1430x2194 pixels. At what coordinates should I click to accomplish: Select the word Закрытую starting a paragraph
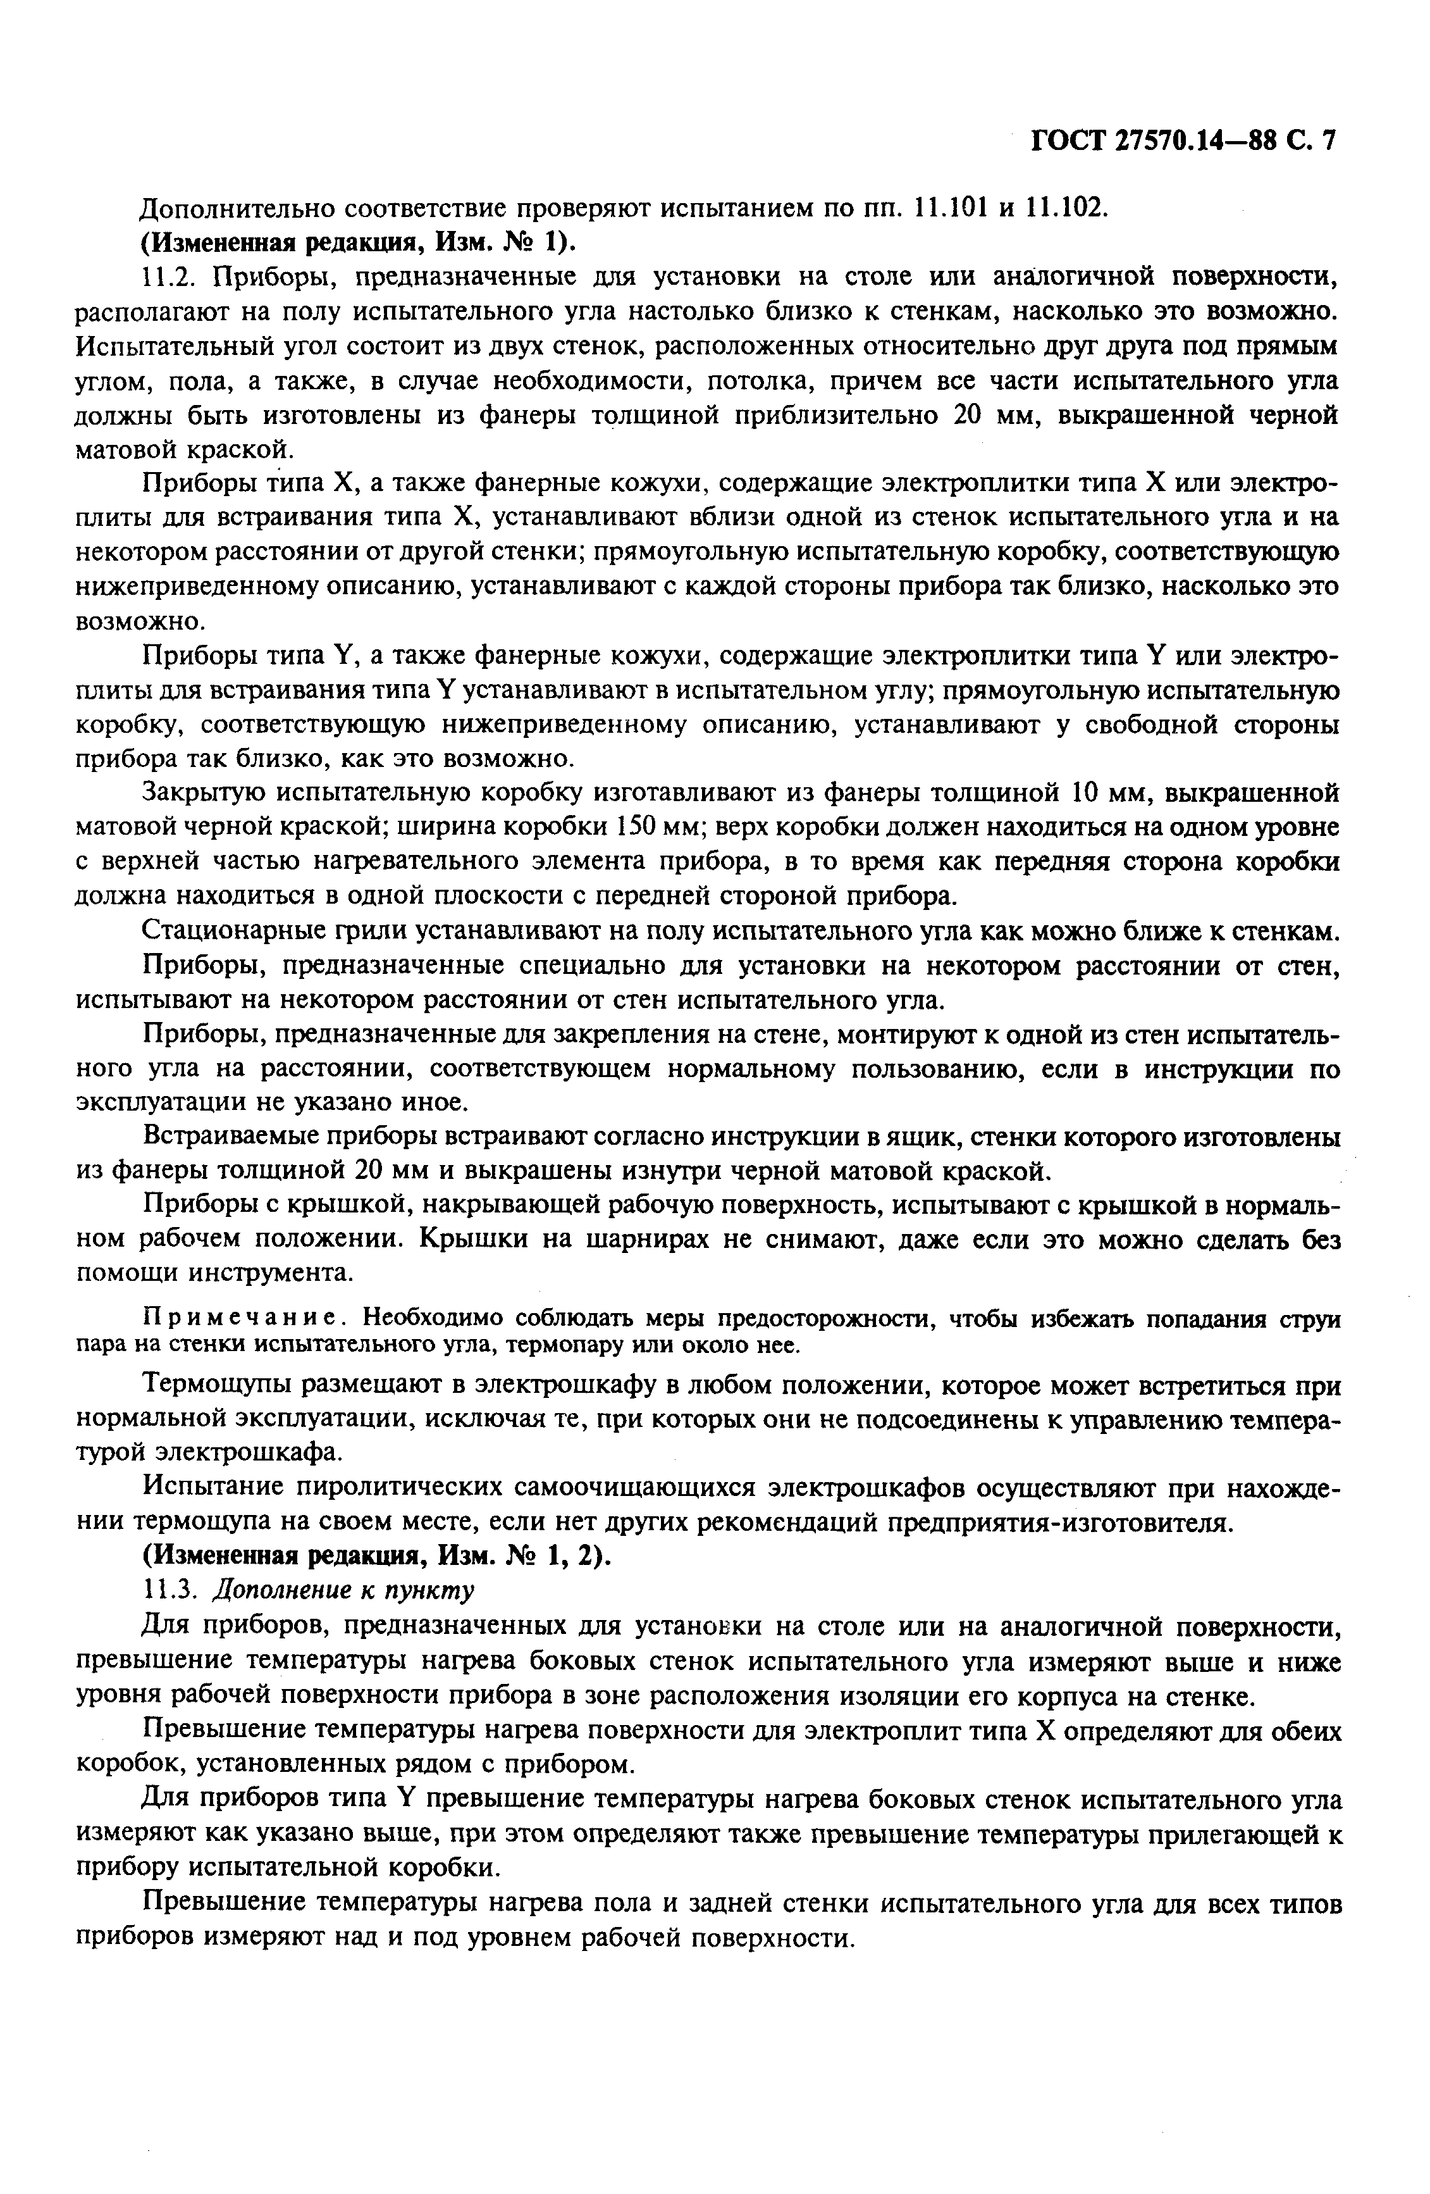[x=203, y=793]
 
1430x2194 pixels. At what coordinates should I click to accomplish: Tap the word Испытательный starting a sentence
[x=166, y=347]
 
